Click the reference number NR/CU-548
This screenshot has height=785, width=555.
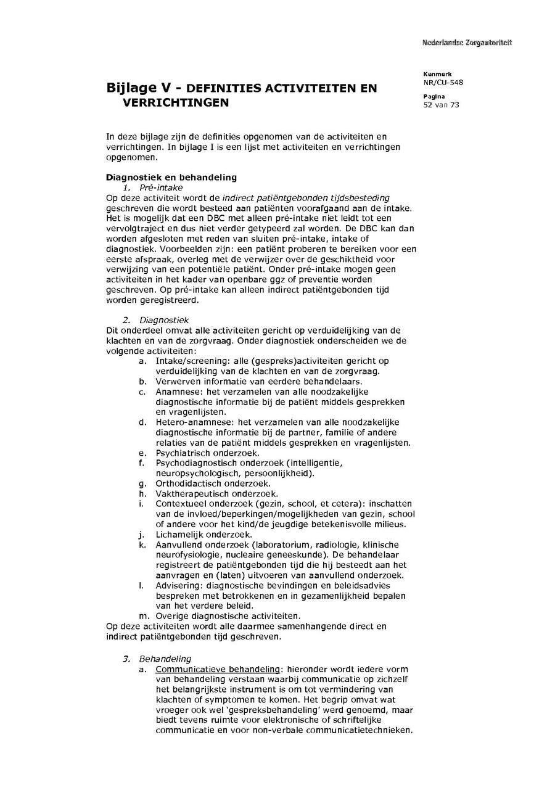443,82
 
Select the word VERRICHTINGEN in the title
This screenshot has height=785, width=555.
176,103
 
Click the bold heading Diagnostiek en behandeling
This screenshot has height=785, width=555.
171,178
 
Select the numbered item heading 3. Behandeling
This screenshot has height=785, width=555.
157,659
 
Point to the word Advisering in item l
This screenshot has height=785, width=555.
176,585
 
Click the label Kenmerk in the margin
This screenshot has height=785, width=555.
437,74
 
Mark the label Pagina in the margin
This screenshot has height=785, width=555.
434,96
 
